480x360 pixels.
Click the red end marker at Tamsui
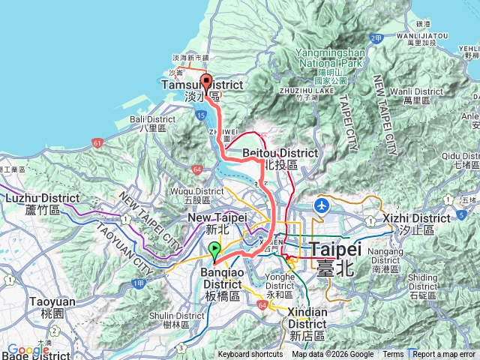pyautogui.click(x=206, y=84)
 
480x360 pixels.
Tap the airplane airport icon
pyautogui.click(x=322, y=204)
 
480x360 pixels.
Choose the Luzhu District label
pyautogui.click(x=42, y=203)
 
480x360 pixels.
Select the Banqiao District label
pyautogui.click(x=222, y=289)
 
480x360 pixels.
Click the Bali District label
pyautogui.click(x=152, y=124)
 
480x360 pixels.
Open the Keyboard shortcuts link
pyautogui.click(x=250, y=355)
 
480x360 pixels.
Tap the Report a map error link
pyautogui.click(x=444, y=355)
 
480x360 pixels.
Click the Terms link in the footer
pyautogui.click(x=393, y=355)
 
